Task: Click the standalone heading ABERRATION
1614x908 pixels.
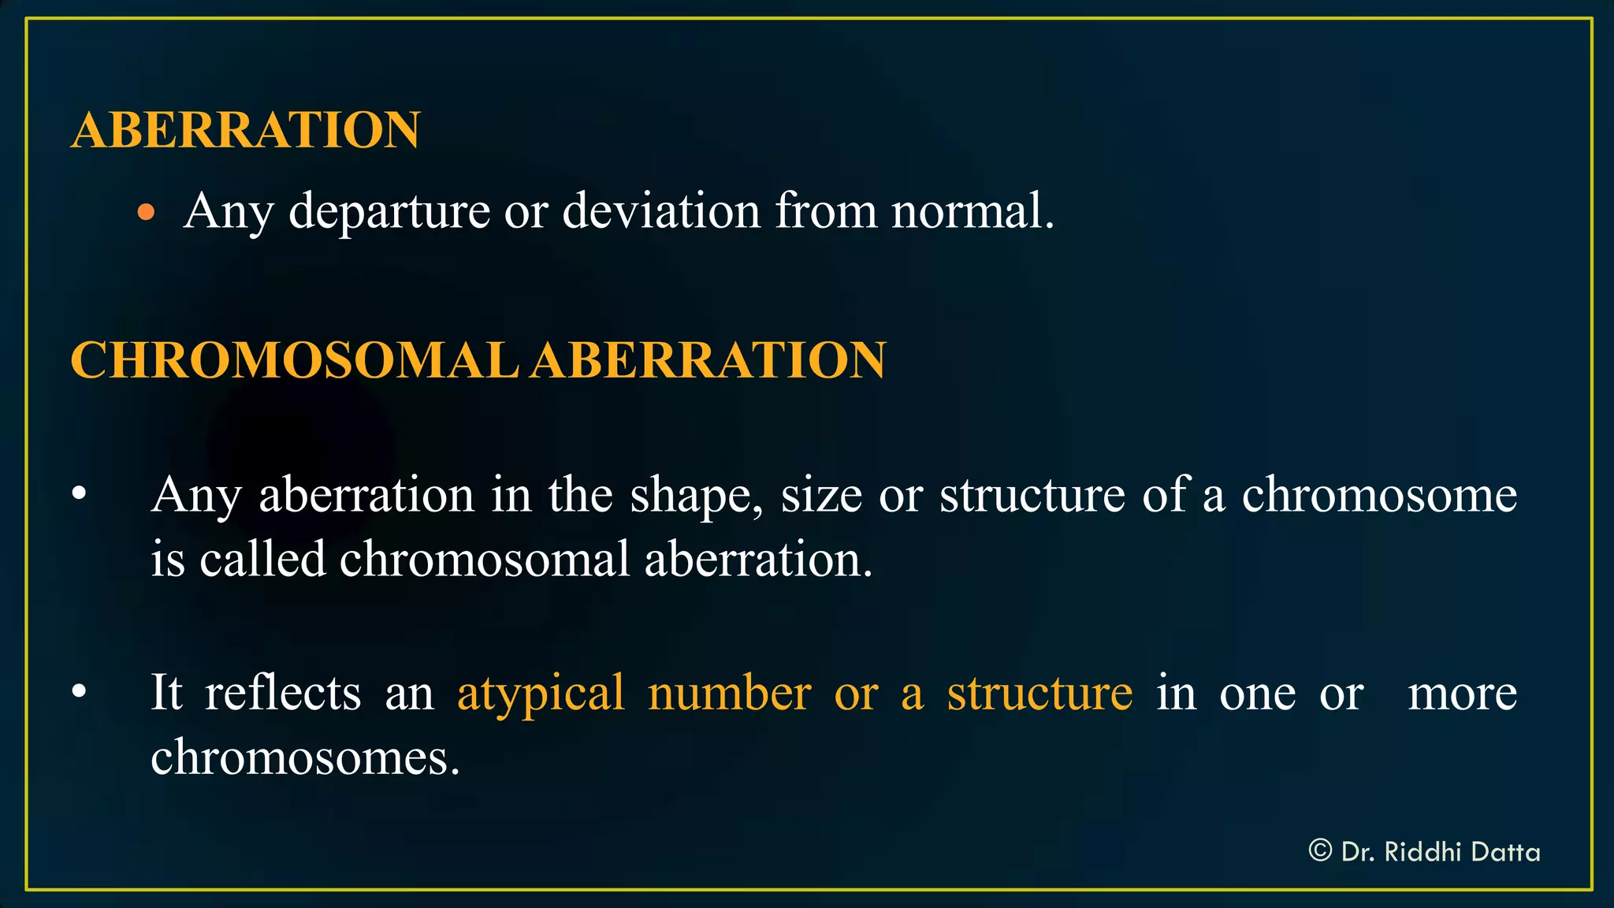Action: coord(245,130)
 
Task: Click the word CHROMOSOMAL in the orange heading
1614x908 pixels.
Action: coord(294,361)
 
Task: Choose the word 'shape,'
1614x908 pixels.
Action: coord(696,497)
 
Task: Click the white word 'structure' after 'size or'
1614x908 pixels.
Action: coord(1032,497)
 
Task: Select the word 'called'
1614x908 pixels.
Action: coord(262,560)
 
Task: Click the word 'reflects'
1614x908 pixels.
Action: coord(283,694)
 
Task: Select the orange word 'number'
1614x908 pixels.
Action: coord(729,694)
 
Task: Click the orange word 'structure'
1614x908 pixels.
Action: coord(1039,694)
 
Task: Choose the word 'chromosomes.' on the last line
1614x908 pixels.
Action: coord(305,758)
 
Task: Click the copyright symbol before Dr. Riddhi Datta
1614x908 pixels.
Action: coord(1320,850)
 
